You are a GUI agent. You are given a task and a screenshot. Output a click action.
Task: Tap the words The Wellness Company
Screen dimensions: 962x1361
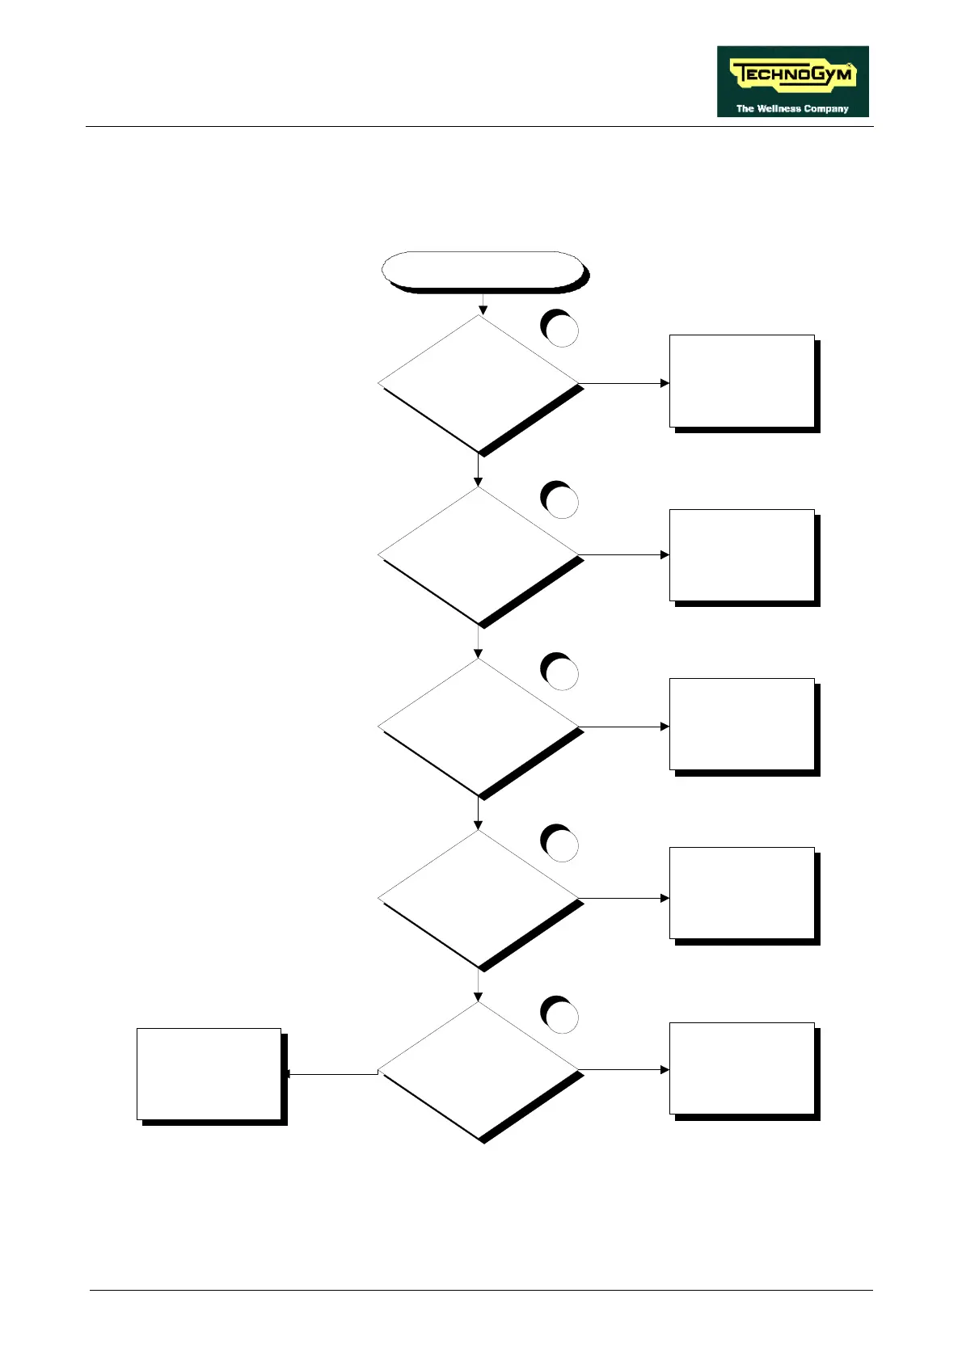[x=791, y=108]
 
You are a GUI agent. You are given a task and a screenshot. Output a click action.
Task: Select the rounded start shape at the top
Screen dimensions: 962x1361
[x=483, y=270]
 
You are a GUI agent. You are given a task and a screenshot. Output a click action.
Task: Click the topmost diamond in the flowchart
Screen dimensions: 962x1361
[x=479, y=383]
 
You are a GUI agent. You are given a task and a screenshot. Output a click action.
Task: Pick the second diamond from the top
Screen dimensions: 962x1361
[x=479, y=555]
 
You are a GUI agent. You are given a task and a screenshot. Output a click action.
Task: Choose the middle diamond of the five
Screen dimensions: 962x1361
[x=479, y=727]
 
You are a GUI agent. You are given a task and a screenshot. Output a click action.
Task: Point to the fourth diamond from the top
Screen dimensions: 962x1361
[x=479, y=898]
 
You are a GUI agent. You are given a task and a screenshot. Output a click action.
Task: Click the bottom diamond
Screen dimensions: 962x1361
[x=479, y=1070]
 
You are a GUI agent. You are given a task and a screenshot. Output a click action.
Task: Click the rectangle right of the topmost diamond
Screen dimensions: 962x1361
[x=741, y=381]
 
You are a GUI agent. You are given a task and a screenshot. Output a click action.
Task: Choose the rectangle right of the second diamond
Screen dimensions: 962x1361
[x=741, y=555]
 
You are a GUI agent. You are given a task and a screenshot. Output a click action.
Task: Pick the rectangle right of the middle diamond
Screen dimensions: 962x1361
[x=741, y=724]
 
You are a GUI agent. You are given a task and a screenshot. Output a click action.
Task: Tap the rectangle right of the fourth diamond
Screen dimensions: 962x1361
[x=741, y=893]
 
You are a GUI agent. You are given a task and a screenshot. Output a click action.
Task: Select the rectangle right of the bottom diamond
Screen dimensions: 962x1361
[x=741, y=1068]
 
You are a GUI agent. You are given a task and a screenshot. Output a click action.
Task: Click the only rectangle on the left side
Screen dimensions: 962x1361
[x=209, y=1073]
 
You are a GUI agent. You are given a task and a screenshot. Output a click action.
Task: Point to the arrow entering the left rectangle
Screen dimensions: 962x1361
[x=331, y=1074]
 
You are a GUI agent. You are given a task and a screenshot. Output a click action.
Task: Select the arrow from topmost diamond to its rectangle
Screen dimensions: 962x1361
[x=624, y=383]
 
